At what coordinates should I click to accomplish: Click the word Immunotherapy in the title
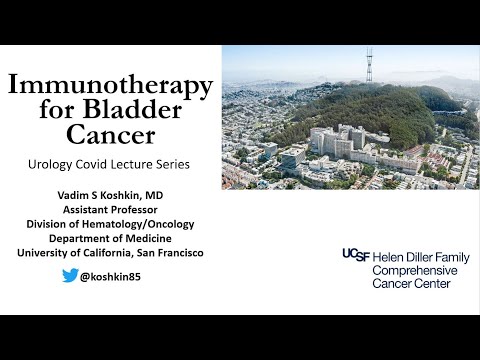pyautogui.click(x=110, y=85)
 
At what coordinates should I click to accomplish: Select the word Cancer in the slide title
pyautogui.click(x=110, y=136)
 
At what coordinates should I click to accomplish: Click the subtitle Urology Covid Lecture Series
pyautogui.click(x=110, y=163)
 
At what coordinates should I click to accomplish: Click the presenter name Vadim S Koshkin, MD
pyautogui.click(x=110, y=195)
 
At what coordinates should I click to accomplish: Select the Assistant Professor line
pyautogui.click(x=110, y=210)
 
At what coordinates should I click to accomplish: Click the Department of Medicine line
pyautogui.click(x=110, y=238)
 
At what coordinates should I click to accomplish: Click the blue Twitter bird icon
pyautogui.click(x=70, y=276)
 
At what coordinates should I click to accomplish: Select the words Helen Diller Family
pyautogui.click(x=415, y=256)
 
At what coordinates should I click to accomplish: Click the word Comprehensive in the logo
pyautogui.click(x=415, y=270)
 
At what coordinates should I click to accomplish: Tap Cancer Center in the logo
pyautogui.click(x=412, y=284)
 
